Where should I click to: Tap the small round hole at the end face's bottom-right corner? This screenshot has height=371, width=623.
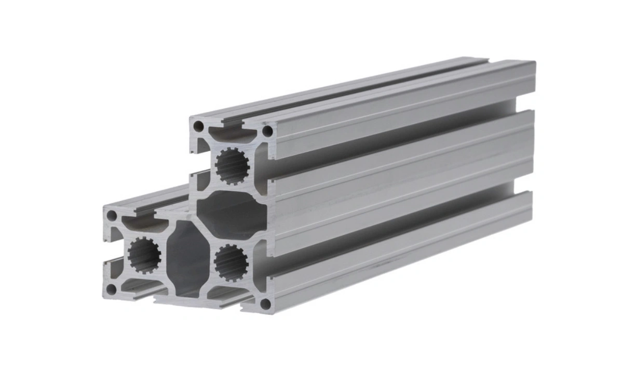tap(265, 303)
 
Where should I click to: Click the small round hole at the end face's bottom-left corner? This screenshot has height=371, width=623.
tap(111, 289)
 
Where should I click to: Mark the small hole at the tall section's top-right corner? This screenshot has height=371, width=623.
tap(267, 131)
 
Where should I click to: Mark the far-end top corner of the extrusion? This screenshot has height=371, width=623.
tap(534, 63)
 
